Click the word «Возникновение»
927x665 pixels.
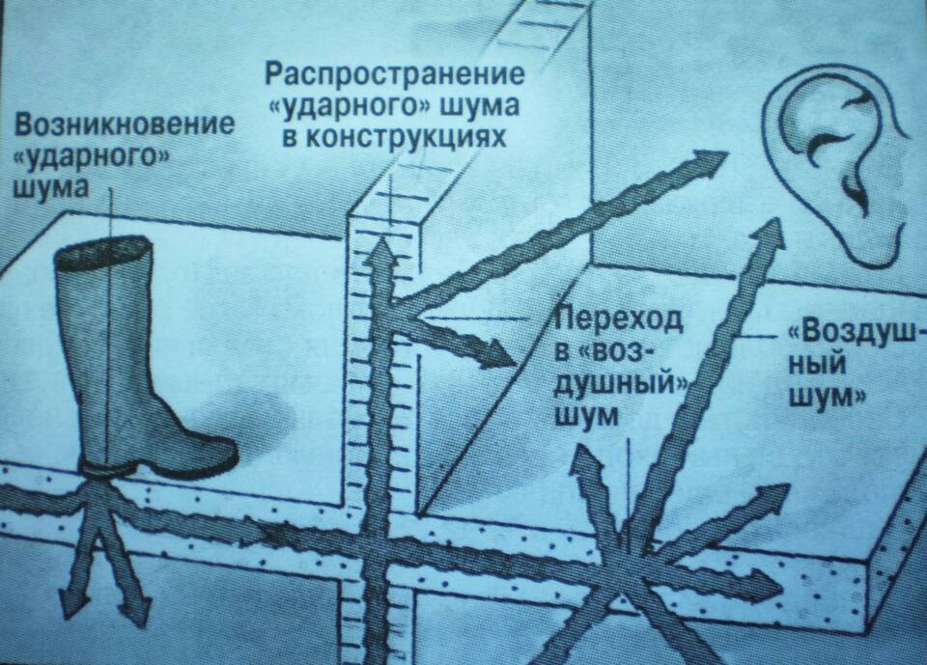click(x=125, y=125)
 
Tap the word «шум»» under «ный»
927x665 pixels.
click(x=831, y=396)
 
